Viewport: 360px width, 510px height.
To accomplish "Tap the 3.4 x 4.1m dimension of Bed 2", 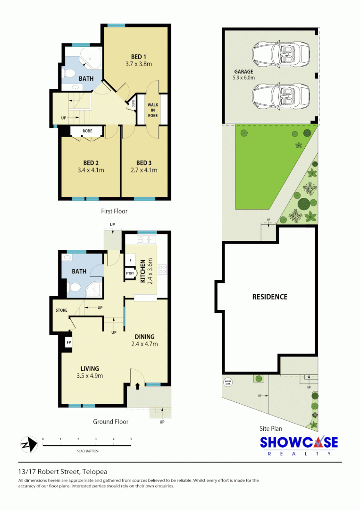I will pos(90,170).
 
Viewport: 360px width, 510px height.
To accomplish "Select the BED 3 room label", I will pos(144,163).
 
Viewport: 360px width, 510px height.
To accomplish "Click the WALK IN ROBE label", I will pos(152,110).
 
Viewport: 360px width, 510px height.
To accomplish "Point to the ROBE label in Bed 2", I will pos(87,130).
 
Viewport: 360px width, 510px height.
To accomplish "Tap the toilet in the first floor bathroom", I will pos(69,73).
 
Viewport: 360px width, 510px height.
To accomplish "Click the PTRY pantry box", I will pos(129,273).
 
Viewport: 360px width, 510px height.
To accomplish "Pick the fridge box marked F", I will pos(129,260).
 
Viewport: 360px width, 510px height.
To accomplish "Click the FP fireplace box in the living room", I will pos(68,342).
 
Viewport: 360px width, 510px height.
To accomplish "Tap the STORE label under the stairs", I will pos(61,310).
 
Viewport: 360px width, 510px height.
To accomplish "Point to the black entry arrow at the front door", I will pos(137,386).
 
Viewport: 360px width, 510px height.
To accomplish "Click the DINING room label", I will pos(144,337).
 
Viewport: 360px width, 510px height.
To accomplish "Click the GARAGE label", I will pos(243,72).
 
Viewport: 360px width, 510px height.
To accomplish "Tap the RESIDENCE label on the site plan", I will pos(269,297).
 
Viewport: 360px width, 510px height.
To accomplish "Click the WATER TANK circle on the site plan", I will pos(228,382).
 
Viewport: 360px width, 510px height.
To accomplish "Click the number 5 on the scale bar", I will pos(131,439).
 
